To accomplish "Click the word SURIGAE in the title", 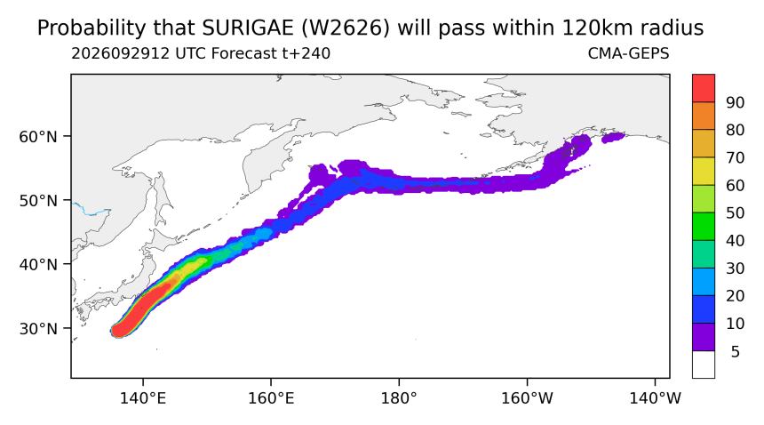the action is (248, 28).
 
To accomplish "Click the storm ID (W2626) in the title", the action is (346, 28).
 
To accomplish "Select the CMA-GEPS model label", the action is (629, 53).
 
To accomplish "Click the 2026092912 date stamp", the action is (121, 53).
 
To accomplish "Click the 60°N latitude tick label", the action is (38, 137).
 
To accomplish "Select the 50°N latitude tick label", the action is (38, 201).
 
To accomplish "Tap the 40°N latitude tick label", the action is (38, 265).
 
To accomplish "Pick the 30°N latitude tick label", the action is (38, 328).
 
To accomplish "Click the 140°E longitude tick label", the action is (143, 398).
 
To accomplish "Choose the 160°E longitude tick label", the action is (271, 398).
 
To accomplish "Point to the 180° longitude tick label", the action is (399, 398).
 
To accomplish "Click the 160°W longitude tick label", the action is (527, 398).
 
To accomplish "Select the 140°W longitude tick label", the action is (656, 398).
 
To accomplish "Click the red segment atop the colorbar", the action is (704, 88).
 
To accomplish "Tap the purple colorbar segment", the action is (704, 337).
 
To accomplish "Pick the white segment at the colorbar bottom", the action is (704, 365).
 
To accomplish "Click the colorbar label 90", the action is (736, 102).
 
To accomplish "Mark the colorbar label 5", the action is (736, 351).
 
